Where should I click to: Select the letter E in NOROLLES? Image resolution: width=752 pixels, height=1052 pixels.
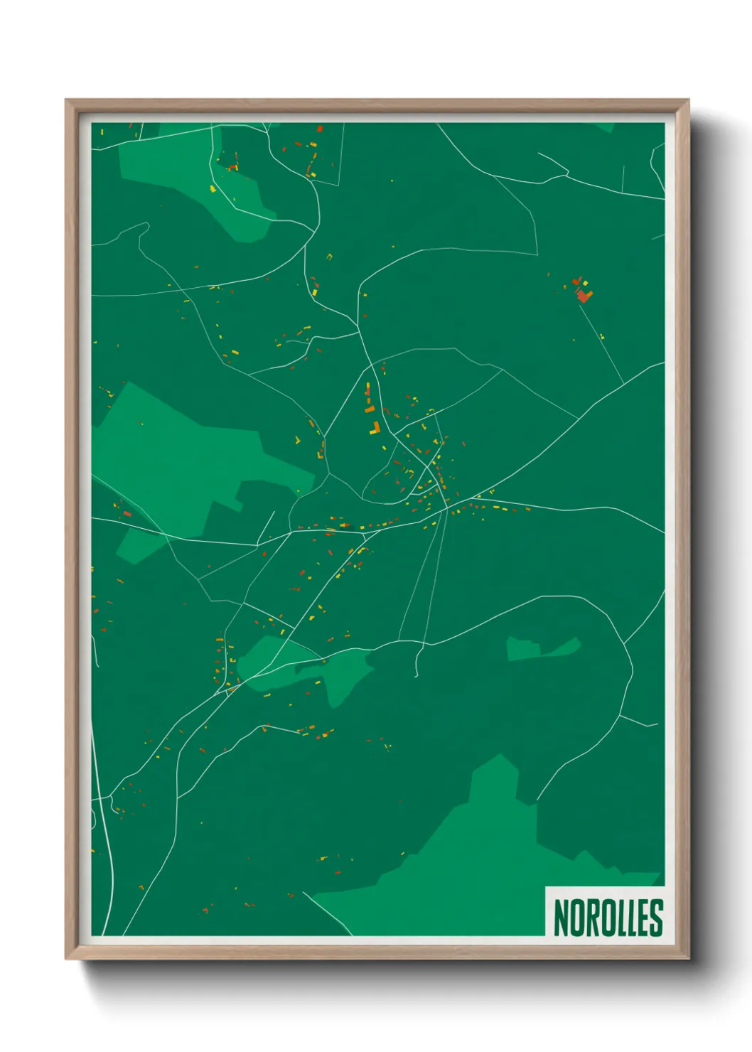coord(641,918)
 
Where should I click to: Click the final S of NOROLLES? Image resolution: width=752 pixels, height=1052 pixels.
coord(656,918)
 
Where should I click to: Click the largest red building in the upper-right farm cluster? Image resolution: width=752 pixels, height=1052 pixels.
coord(584,295)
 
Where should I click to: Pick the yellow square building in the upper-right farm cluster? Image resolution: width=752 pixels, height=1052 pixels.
coord(585,283)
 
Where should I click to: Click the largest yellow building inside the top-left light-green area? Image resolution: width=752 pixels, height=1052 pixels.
coord(213,189)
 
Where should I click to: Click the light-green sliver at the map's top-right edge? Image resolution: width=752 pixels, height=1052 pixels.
coord(604,127)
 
